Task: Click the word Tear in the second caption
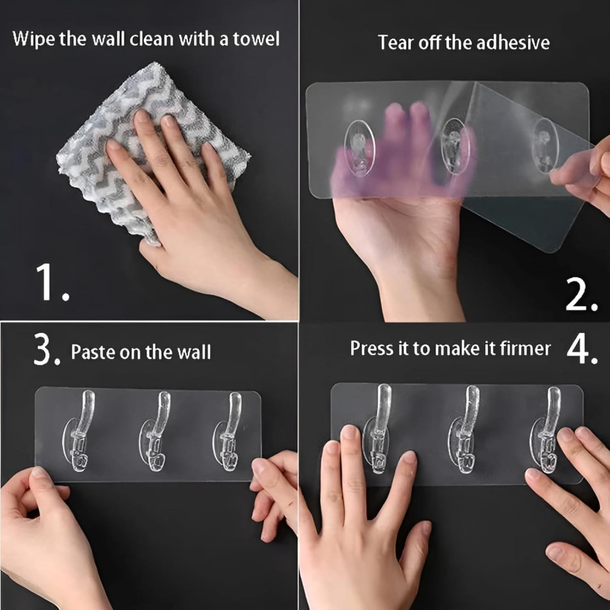(395, 43)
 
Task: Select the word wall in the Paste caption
(195, 353)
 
